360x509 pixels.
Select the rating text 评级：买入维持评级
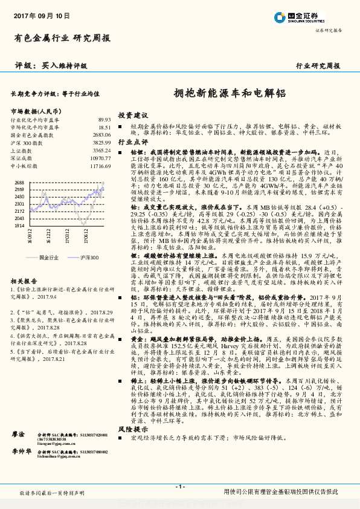[51, 65]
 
